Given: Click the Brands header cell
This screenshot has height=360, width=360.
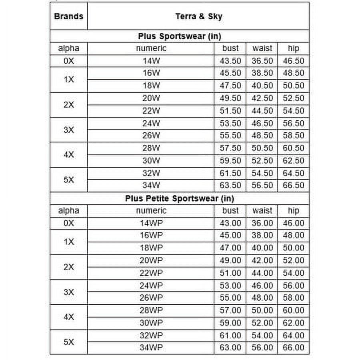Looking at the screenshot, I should click(x=68, y=16).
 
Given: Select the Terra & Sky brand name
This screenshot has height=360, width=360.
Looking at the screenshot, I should click(x=198, y=16).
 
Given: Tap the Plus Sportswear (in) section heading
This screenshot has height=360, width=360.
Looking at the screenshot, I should click(x=179, y=36).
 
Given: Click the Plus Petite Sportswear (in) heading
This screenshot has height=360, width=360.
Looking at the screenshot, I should click(x=179, y=198).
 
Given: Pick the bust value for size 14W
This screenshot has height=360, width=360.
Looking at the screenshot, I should click(x=230, y=61).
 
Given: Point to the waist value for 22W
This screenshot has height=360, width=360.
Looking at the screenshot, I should click(x=262, y=110).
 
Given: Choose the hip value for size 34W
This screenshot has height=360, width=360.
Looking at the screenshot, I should click(x=294, y=185).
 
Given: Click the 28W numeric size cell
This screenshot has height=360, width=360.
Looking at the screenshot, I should click(x=151, y=148).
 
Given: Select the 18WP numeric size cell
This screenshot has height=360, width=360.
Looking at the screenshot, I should click(x=151, y=248).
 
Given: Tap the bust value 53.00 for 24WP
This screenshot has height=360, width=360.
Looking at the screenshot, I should click(x=230, y=286).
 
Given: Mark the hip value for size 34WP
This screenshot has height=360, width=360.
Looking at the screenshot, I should click(x=294, y=348).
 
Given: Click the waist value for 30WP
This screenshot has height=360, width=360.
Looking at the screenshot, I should click(x=262, y=323).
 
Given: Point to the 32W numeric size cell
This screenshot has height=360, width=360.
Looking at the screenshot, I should click(x=151, y=173).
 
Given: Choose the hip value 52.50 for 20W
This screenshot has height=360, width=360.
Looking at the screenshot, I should click(x=294, y=98).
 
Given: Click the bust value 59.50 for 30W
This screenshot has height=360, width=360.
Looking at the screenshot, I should click(x=230, y=160).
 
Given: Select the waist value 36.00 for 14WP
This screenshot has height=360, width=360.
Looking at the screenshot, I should click(x=262, y=223).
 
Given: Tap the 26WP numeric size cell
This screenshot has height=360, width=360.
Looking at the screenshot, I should click(x=151, y=298).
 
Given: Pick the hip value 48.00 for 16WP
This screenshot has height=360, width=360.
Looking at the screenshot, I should click(x=294, y=235).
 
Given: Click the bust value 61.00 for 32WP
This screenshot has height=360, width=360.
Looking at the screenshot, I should click(x=230, y=335).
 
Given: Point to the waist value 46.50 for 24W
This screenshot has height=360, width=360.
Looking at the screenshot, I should click(x=262, y=123).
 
